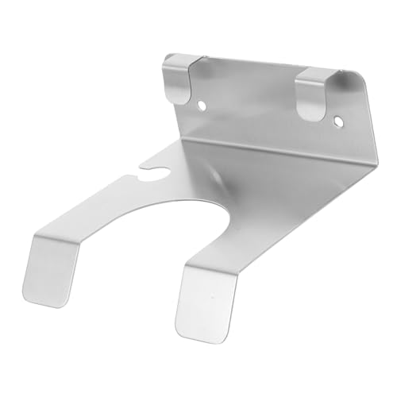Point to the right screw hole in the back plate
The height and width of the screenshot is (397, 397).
339,122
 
